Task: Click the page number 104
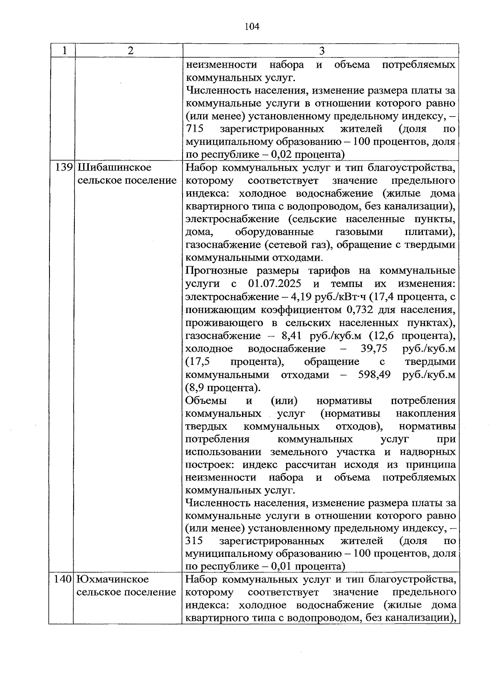(252, 27)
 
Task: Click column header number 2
(131, 51)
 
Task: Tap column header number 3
(321, 51)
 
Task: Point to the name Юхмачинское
(113, 579)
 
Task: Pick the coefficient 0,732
(357, 310)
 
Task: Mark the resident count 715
(194, 129)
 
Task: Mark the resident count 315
(194, 541)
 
